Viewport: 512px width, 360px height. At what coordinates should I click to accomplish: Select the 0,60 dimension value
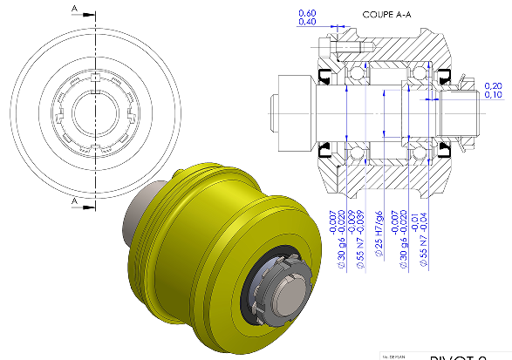pyautogui.click(x=307, y=13)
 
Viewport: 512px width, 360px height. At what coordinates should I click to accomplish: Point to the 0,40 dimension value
pyautogui.click(x=307, y=22)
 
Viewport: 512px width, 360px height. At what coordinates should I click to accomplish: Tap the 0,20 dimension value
pyautogui.click(x=493, y=85)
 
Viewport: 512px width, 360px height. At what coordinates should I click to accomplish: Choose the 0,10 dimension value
pyautogui.click(x=493, y=94)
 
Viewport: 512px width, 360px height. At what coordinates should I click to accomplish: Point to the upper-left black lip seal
pyautogui.click(x=326, y=73)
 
